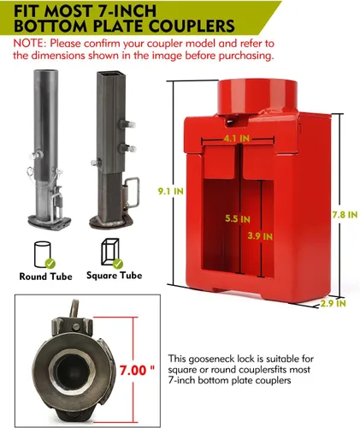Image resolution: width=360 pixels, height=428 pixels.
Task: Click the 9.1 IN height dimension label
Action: (170, 191)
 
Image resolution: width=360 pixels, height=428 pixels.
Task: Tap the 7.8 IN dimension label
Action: (345, 214)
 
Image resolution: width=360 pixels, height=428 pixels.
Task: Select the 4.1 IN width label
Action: (237, 139)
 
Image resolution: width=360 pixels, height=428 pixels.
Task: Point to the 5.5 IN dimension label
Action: (238, 219)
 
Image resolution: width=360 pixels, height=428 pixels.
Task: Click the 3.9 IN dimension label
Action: (260, 236)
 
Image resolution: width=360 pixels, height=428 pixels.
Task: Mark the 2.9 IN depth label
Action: (333, 303)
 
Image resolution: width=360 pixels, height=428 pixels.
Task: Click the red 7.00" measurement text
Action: (137, 370)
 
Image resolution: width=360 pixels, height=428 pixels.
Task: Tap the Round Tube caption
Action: (45, 276)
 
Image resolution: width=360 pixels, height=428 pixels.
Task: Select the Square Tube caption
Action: (114, 276)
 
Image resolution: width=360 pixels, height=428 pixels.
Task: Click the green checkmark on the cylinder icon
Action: (50, 264)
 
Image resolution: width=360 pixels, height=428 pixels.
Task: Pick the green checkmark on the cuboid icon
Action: (118, 264)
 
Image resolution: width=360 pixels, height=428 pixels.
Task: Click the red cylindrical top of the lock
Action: (257, 97)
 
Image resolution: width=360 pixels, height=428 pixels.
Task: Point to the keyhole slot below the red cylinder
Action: (232, 122)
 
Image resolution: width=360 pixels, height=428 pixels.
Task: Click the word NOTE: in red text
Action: (30, 44)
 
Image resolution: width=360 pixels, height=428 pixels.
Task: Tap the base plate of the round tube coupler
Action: (50, 222)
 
